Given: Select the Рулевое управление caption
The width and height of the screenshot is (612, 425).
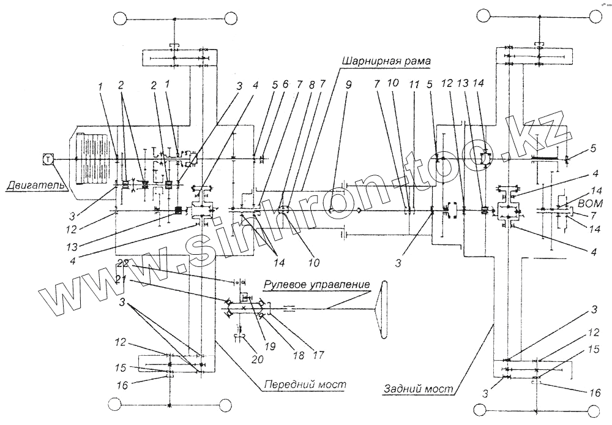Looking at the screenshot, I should [318, 285].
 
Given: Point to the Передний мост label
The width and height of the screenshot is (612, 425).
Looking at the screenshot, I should [305, 385].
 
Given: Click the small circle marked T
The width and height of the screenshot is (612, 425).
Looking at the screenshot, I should [47, 159].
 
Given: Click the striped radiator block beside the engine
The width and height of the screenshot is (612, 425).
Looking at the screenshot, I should [92, 159].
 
